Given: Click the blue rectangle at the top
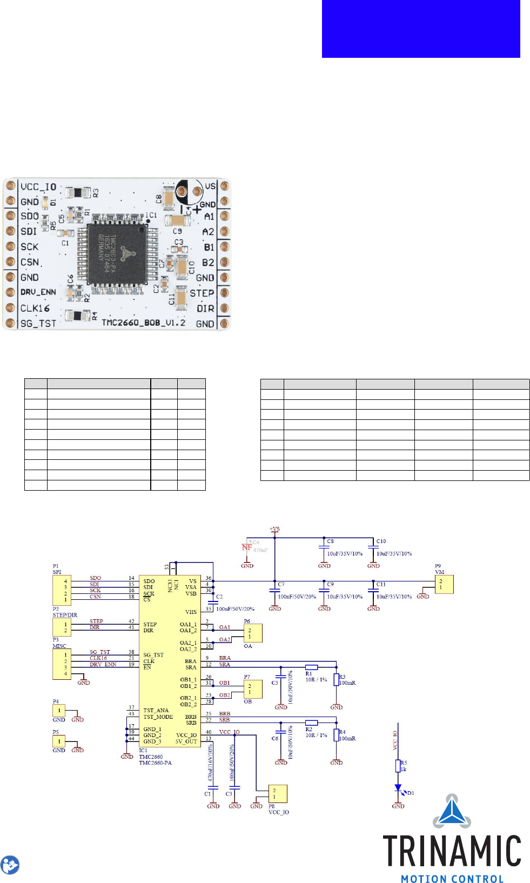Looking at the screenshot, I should tap(421, 29).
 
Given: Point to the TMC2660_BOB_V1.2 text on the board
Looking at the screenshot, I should tap(144, 323).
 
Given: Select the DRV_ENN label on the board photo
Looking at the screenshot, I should tap(38, 292).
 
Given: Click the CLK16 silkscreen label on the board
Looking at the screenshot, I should tap(35, 308).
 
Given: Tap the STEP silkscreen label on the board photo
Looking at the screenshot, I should tap(202, 293).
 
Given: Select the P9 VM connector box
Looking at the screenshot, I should tap(444, 584).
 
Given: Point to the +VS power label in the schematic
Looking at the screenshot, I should tap(274, 529).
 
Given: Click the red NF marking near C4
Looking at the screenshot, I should tap(247, 547).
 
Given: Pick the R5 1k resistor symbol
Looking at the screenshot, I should tap(398, 766).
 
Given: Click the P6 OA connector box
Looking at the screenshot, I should tap(253, 633).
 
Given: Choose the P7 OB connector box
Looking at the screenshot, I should tap(253, 689).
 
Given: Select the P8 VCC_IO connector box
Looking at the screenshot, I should tap(278, 794).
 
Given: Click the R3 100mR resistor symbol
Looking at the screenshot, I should tap(336, 680).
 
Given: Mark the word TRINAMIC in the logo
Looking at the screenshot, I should tap(452, 851).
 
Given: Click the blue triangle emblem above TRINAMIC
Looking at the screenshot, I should tap(452, 811).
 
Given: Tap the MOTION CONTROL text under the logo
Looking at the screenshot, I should tap(452, 879).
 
